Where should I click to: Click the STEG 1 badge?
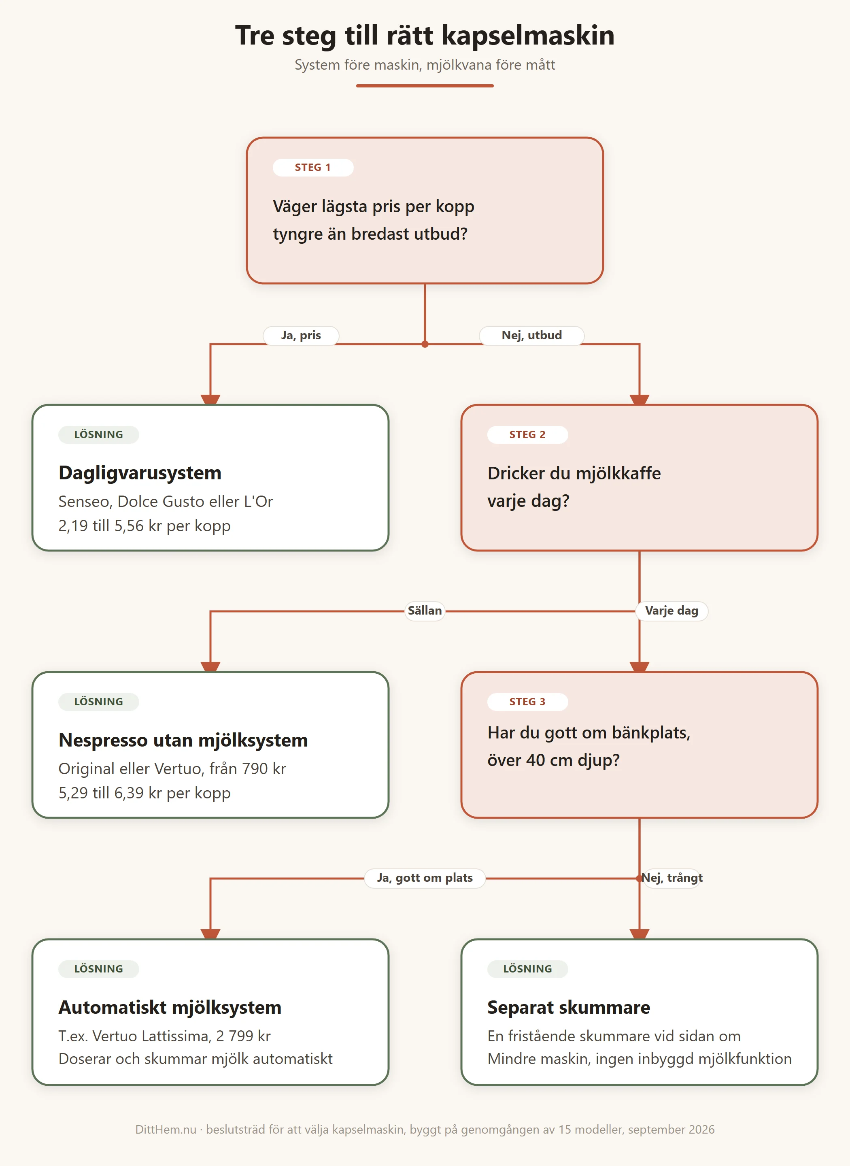[313, 167]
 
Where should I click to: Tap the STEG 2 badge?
[527, 434]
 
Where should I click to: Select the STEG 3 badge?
[527, 701]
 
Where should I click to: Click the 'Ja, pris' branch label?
[301, 336]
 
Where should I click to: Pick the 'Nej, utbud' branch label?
[531, 336]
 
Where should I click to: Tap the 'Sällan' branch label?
[425, 611]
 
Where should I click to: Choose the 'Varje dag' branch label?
[671, 611]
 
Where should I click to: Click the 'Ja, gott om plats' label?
[425, 878]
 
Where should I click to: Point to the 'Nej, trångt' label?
[671, 878]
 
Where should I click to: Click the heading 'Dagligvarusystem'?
[140, 473]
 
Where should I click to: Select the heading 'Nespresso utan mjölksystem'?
[183, 740]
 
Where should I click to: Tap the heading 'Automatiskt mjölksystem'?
[170, 1007]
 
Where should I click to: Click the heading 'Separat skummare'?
[569, 1007]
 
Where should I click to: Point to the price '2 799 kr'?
[243, 1036]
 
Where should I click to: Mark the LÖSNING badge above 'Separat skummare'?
[527, 968]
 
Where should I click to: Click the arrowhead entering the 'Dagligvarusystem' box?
[210, 400]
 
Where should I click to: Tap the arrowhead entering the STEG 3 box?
[640, 667]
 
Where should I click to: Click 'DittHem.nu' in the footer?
[166, 1130]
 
